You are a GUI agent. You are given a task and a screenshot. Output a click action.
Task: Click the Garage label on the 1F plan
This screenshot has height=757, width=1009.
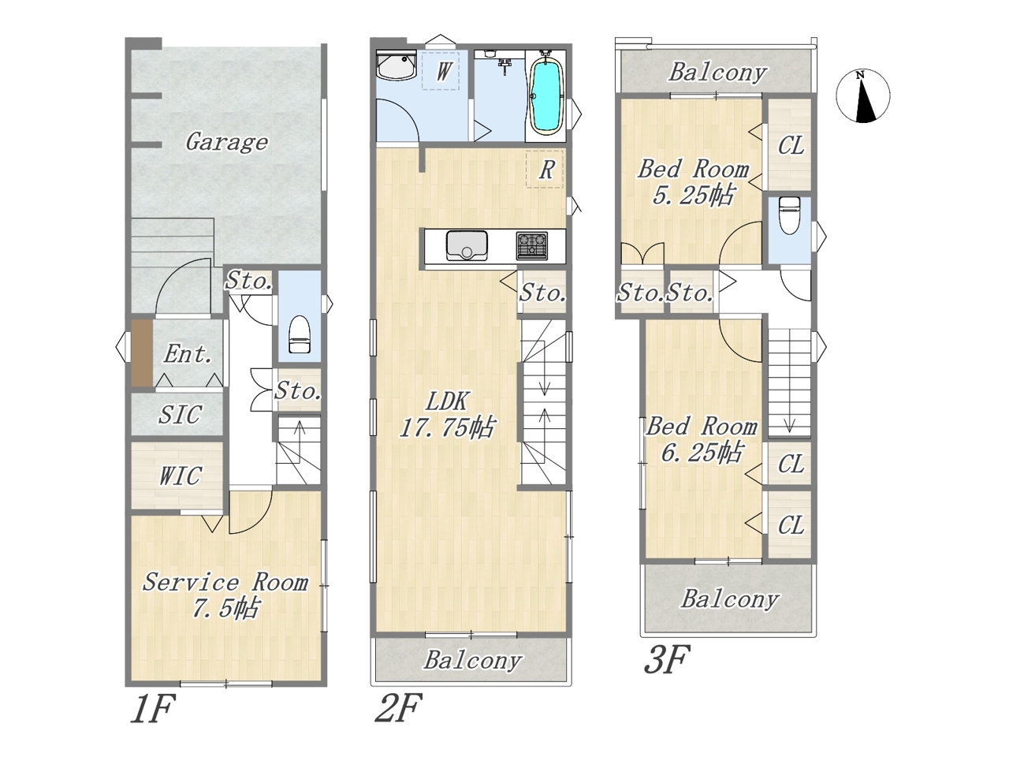pyautogui.click(x=226, y=142)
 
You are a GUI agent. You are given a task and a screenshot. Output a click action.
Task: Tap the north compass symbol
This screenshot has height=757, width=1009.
pyautogui.click(x=862, y=96)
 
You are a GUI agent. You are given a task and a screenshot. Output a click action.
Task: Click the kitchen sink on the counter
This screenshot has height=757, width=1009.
pyautogui.click(x=466, y=245)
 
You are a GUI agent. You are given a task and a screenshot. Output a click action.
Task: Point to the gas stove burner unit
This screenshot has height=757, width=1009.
pyautogui.click(x=532, y=246)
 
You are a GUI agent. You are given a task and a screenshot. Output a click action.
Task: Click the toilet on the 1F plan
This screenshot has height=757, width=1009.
pyautogui.click(x=300, y=334)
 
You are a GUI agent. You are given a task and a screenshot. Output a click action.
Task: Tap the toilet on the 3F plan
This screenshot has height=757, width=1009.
pyautogui.click(x=789, y=215)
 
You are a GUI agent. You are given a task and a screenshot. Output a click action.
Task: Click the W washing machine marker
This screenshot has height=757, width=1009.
pyautogui.click(x=441, y=70)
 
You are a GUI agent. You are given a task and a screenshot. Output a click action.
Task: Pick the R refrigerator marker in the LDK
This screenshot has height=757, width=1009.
pyautogui.click(x=545, y=169)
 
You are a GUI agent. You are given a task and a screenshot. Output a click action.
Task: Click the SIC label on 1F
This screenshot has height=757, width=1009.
pyautogui.click(x=181, y=415)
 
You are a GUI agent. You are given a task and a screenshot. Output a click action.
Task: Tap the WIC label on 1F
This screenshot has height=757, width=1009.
pyautogui.click(x=181, y=475)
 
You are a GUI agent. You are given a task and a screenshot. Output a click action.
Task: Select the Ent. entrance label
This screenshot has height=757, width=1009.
pyautogui.click(x=188, y=354)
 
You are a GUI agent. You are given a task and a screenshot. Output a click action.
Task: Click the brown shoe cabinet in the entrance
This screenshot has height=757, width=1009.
pyautogui.click(x=142, y=353)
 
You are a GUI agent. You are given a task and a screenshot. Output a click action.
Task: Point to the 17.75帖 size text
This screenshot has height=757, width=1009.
pyautogui.click(x=447, y=428)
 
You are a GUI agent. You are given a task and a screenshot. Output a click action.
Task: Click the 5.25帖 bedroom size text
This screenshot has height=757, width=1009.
pyautogui.click(x=693, y=196)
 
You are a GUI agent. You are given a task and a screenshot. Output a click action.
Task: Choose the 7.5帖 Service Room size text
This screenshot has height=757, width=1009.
pyautogui.click(x=225, y=609)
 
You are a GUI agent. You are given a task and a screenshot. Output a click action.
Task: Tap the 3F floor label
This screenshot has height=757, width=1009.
pyautogui.click(x=667, y=659)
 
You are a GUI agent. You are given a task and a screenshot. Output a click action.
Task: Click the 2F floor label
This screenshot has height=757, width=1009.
pyautogui.click(x=398, y=708)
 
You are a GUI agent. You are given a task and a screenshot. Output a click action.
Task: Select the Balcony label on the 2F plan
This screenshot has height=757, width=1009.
pyautogui.click(x=472, y=662)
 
